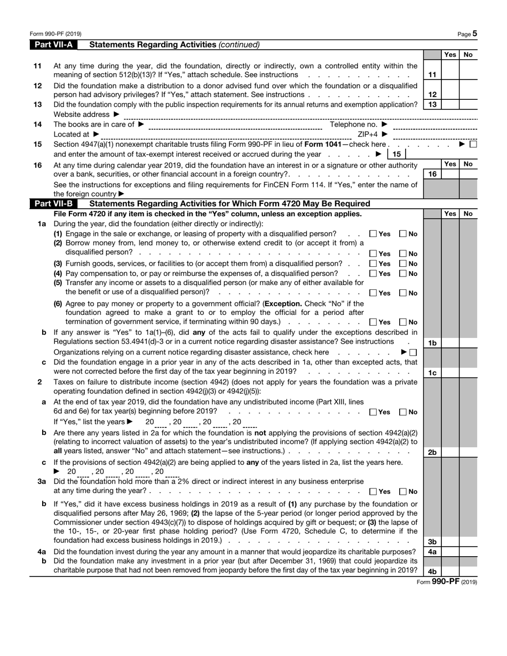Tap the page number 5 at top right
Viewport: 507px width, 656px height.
474,34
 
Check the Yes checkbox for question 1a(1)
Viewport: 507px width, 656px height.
373,234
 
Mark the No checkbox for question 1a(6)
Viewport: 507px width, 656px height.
403,322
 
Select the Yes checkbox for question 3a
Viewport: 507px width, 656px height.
373,492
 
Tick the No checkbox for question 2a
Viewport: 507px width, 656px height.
403,412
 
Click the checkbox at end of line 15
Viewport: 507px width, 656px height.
473,144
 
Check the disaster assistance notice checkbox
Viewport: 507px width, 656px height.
413,352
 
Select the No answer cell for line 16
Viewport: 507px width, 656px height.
468,174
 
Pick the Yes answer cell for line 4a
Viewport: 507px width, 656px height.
450,552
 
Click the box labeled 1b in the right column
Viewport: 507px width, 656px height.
432,343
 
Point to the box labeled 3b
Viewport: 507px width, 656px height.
432,542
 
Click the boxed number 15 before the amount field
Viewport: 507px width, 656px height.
396,154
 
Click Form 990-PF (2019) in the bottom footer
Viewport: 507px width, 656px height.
447,582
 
